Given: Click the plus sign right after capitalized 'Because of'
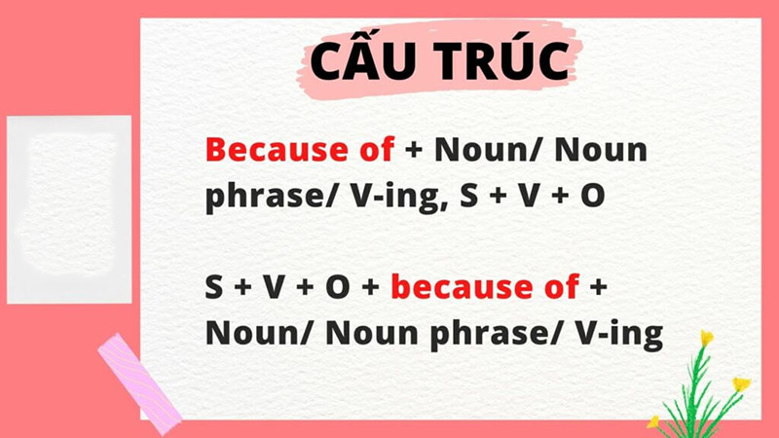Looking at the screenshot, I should (x=414, y=152).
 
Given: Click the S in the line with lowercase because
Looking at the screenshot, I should (x=214, y=288).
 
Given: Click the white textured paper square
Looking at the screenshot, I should (x=69, y=208).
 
